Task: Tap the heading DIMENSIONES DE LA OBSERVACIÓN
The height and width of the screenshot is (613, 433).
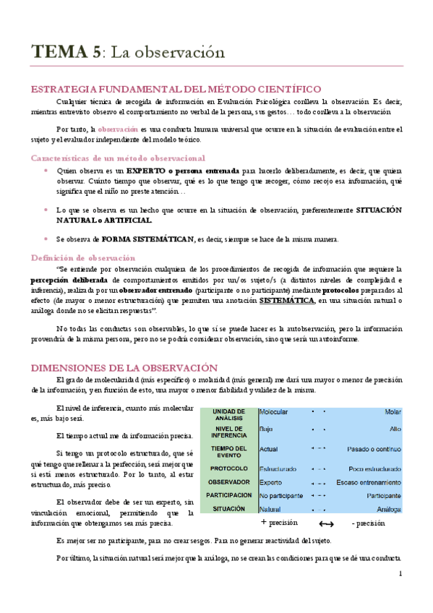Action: (x=124, y=367)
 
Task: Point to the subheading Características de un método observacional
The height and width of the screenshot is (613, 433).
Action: (x=118, y=158)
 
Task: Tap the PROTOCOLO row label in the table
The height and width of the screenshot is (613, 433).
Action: (x=228, y=468)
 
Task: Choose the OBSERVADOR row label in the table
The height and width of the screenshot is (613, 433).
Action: (x=228, y=482)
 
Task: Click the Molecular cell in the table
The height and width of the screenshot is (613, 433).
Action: (x=274, y=412)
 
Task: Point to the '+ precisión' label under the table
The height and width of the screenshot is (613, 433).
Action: (x=279, y=522)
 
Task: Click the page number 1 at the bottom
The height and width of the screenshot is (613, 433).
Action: (x=400, y=574)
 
